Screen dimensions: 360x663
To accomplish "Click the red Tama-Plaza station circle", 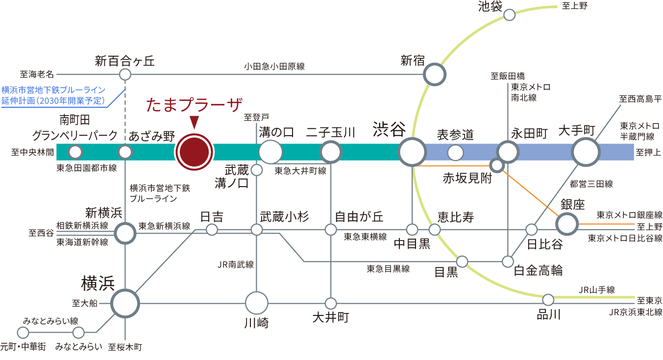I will tap(195, 152).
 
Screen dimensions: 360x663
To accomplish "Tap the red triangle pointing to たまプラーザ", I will tap(195, 122).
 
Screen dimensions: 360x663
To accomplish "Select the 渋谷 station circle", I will tap(412, 152).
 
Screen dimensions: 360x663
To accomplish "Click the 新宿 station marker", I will tap(435, 75).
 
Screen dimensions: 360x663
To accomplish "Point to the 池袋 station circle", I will tap(510, 15).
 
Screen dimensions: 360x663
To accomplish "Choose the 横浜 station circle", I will tap(125, 304).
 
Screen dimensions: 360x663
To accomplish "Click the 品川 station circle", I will tap(548, 299).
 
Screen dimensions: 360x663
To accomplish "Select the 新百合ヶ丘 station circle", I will tap(125, 75).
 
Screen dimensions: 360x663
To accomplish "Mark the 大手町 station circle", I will tap(586, 152).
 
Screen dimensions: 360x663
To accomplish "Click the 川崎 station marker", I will tap(257, 303).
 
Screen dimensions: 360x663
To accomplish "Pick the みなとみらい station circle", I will tap(78, 333).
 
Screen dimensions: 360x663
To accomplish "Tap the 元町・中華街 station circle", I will tap(23, 333).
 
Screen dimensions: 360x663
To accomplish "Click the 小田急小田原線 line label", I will tap(274, 66).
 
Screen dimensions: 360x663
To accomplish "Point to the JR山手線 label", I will tap(596, 289).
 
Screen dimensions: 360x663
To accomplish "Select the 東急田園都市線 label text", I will tap(86, 168).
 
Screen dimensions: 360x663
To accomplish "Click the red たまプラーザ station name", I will tap(195, 105).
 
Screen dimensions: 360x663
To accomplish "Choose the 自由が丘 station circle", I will tap(331, 229).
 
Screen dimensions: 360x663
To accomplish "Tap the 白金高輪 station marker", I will tap(508, 262).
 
